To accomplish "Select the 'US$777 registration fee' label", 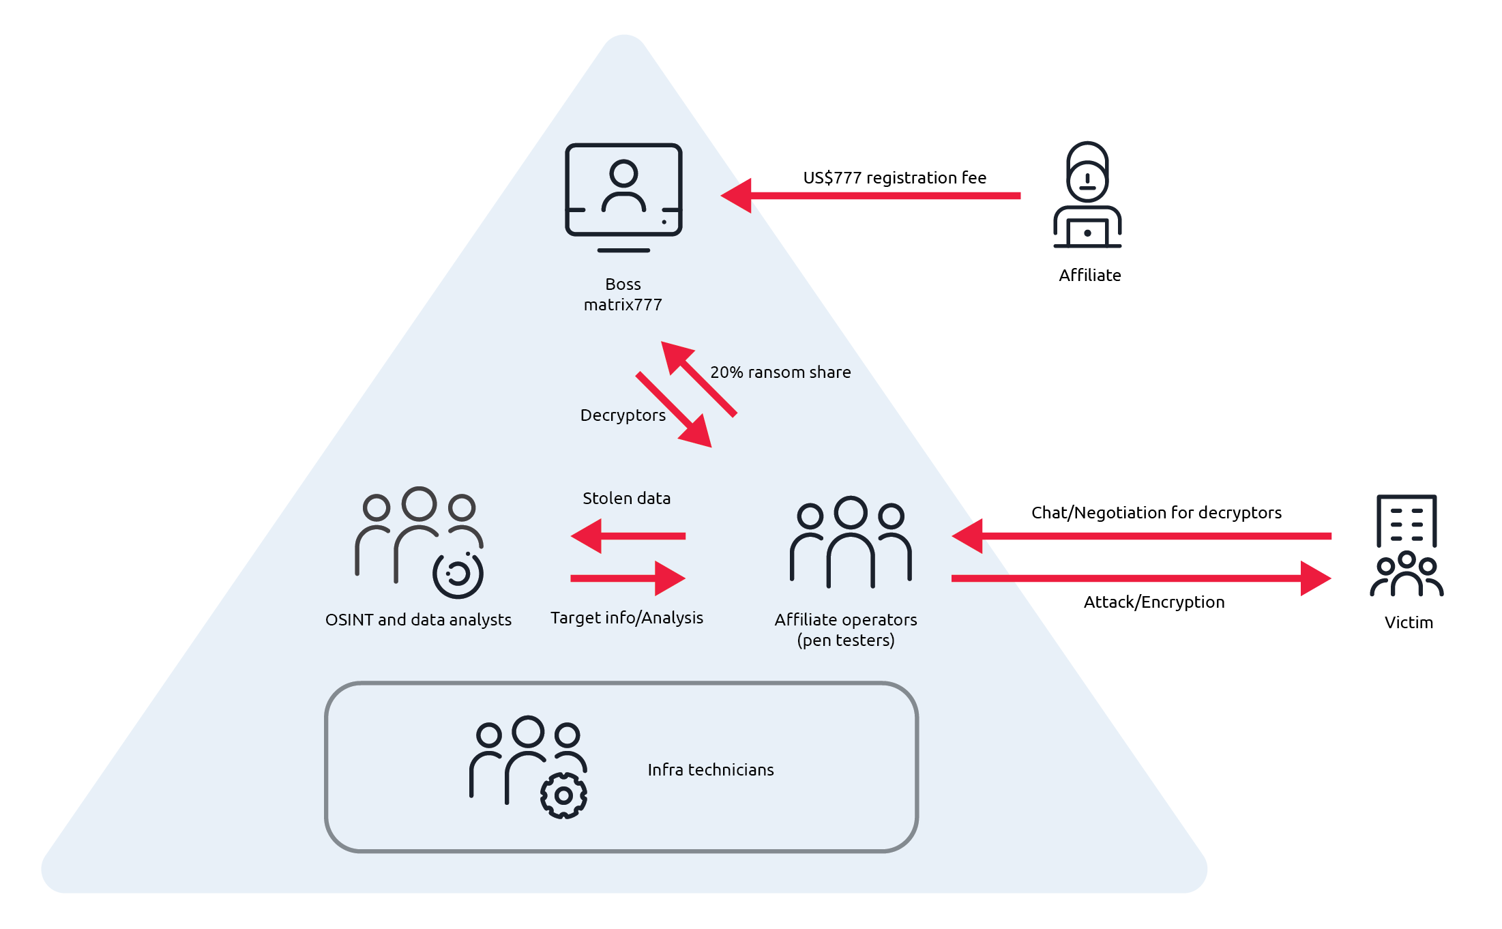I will point(894,178).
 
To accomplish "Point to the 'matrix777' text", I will point(623,305).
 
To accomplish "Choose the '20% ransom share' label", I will point(780,372).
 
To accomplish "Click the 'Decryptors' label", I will point(623,415).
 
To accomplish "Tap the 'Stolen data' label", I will point(626,499).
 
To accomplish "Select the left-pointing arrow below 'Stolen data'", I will point(628,536).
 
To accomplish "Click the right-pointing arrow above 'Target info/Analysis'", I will point(628,578).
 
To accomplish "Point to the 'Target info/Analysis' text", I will point(626,618).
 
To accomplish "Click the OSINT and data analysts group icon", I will point(419,542).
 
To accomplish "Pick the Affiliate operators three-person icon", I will point(851,542).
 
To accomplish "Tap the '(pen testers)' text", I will point(846,640).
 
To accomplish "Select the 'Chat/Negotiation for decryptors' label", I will point(1156,513).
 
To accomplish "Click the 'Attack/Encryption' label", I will point(1154,602).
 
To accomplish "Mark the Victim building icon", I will point(1407,546).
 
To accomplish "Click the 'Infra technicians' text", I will point(711,770).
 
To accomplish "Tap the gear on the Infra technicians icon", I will point(563,795).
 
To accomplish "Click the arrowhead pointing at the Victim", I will point(1315,578).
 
